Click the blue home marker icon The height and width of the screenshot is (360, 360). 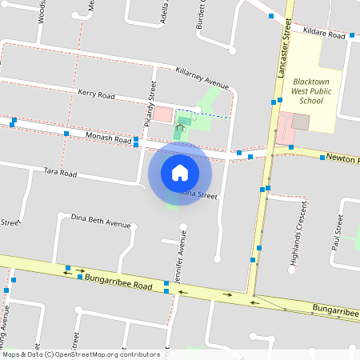(180, 172)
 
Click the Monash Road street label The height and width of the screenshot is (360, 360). (107, 139)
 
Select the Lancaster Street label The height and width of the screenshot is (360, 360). (284, 50)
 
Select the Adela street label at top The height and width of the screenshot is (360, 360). (163, 11)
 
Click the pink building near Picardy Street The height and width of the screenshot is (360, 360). (162, 114)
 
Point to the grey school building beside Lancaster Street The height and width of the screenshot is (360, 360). (301, 122)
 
